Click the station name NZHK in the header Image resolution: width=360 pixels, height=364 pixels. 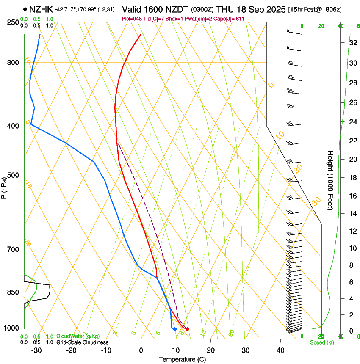click(41, 8)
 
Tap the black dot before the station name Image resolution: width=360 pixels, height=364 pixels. click(26, 9)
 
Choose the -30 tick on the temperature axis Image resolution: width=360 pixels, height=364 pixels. click(36, 350)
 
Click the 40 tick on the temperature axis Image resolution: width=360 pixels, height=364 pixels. click(280, 350)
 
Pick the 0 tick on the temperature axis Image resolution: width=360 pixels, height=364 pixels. click(141, 350)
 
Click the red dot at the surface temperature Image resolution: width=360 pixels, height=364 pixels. click(187, 329)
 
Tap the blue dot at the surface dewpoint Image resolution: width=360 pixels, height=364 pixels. click(174, 329)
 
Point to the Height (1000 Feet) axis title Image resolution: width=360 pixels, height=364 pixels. click(330, 180)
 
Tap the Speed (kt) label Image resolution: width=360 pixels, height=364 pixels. click(322, 342)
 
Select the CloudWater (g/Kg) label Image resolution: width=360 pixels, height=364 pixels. click(78, 336)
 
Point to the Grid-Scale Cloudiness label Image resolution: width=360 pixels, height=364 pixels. click(82, 342)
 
